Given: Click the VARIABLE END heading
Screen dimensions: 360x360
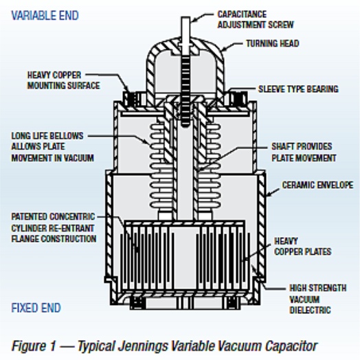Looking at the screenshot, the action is point(45,16).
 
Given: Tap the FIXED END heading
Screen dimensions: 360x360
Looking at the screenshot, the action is point(36,308).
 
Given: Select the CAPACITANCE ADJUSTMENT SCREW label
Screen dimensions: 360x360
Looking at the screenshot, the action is point(256,19).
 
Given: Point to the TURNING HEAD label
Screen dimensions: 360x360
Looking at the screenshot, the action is point(273,43).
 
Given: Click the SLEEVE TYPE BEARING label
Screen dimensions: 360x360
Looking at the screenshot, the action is point(298,89).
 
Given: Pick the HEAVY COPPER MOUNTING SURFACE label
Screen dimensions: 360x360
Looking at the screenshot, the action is point(64,80).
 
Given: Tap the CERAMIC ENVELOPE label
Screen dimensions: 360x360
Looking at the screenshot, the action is point(317,185).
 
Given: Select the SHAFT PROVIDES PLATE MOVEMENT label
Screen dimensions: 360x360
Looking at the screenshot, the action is point(304,153).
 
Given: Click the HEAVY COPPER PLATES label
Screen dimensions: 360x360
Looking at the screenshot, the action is point(303,247).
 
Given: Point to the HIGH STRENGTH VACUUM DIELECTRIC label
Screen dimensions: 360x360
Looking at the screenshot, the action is point(318,299).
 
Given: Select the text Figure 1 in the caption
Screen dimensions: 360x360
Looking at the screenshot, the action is point(34,346).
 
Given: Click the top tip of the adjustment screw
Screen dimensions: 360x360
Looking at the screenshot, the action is point(185,17).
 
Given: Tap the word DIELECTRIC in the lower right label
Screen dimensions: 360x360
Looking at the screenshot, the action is point(310,310).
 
